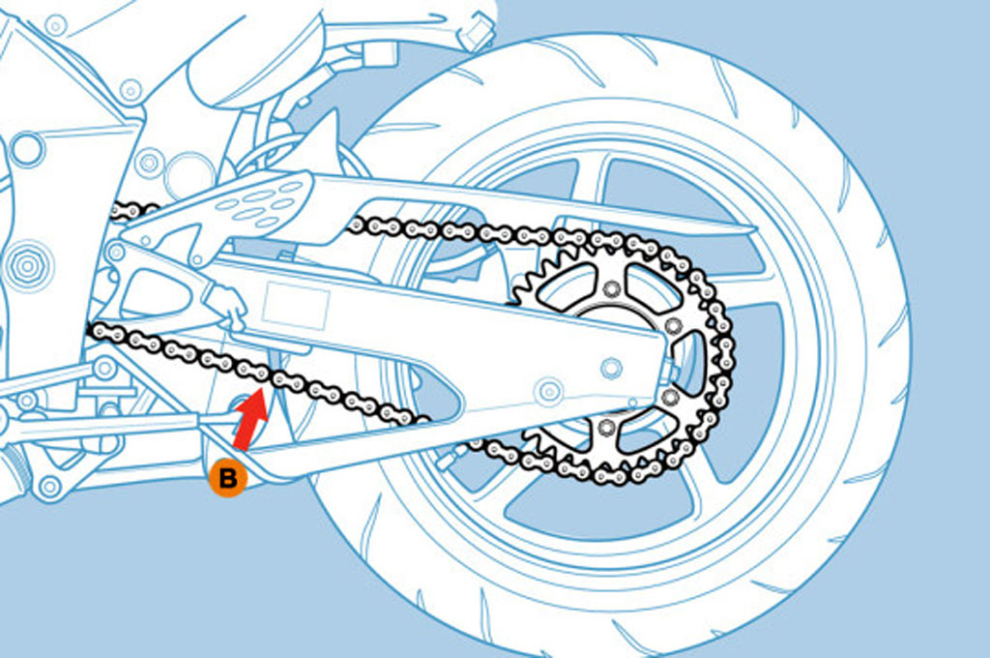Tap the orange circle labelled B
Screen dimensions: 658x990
(228, 477)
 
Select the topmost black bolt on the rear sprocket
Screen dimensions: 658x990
(610, 288)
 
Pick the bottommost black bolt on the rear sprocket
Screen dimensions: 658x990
(606, 427)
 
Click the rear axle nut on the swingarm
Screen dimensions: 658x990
(610, 368)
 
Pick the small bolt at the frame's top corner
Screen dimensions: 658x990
(56, 24)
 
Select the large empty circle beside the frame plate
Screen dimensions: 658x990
(189, 174)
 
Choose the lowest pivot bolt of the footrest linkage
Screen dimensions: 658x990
(48, 485)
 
